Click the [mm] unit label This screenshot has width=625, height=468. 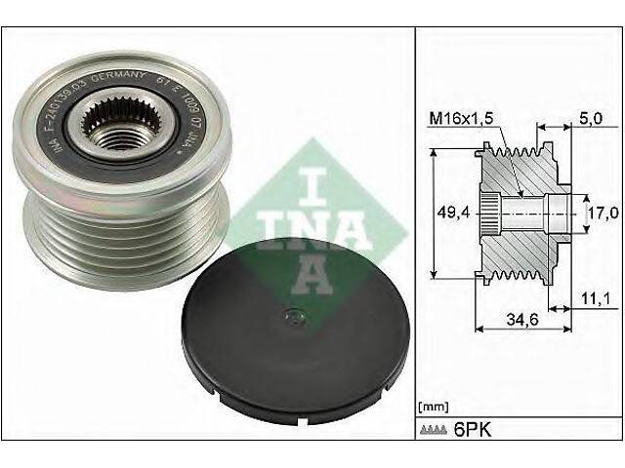click(x=433, y=404)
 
